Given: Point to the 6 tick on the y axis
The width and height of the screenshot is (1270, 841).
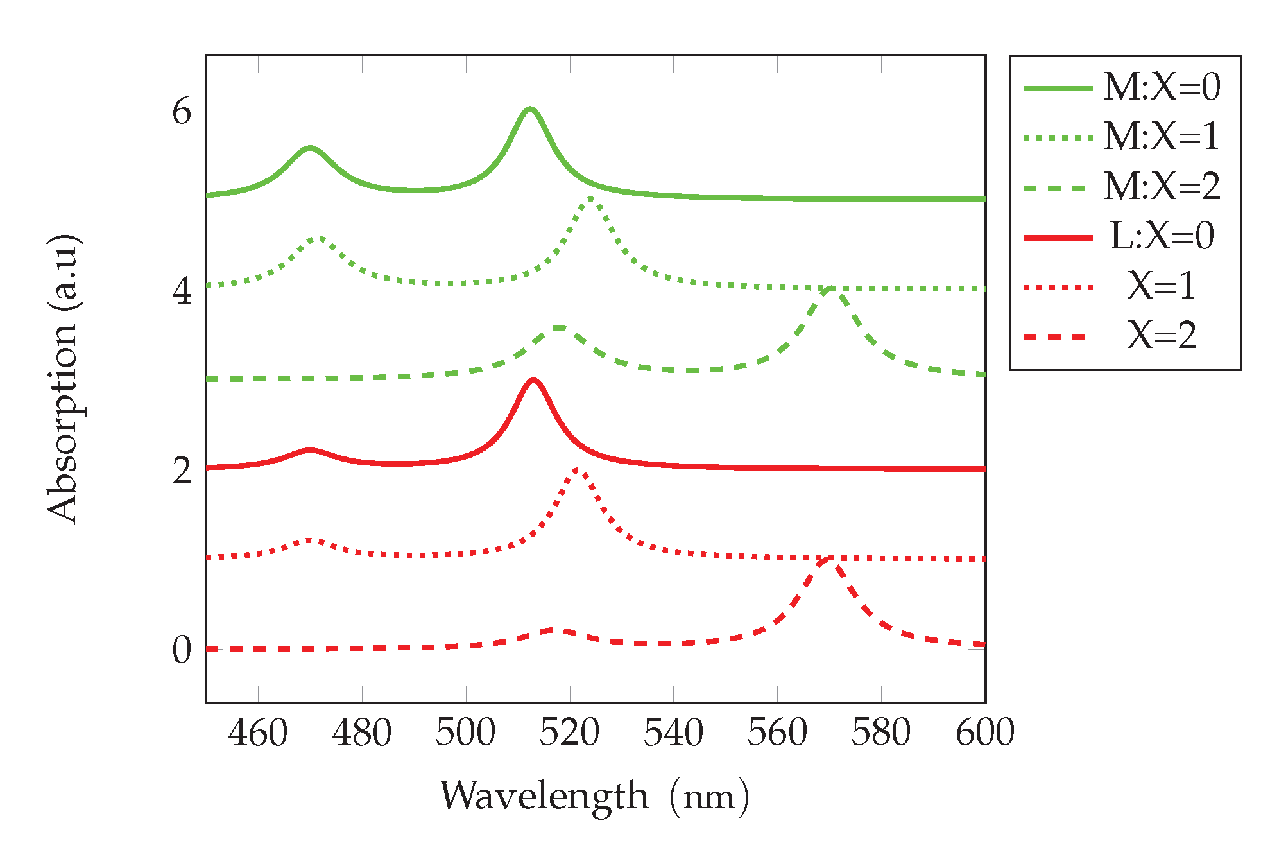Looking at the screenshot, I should coord(182,112).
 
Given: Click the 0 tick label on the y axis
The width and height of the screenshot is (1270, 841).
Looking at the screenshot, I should coord(182,650).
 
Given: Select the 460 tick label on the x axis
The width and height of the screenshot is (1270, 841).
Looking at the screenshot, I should coord(258,733).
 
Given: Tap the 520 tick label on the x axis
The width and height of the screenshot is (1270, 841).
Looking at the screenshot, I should coord(569,733).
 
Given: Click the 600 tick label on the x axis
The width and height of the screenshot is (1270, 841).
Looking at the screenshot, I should coord(984,733).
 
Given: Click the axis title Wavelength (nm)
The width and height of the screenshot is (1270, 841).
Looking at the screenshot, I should coord(594,797).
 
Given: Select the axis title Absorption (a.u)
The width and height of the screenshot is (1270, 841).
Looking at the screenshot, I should coord(63,379).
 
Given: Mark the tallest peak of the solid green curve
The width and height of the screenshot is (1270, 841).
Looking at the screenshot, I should coord(529,109).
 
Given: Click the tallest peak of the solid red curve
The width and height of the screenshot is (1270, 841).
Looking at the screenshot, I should coord(533,380).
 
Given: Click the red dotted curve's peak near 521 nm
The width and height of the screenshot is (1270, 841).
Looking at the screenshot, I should coord(576,470).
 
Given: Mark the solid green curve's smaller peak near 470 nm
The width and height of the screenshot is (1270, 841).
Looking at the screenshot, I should coord(310,148).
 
